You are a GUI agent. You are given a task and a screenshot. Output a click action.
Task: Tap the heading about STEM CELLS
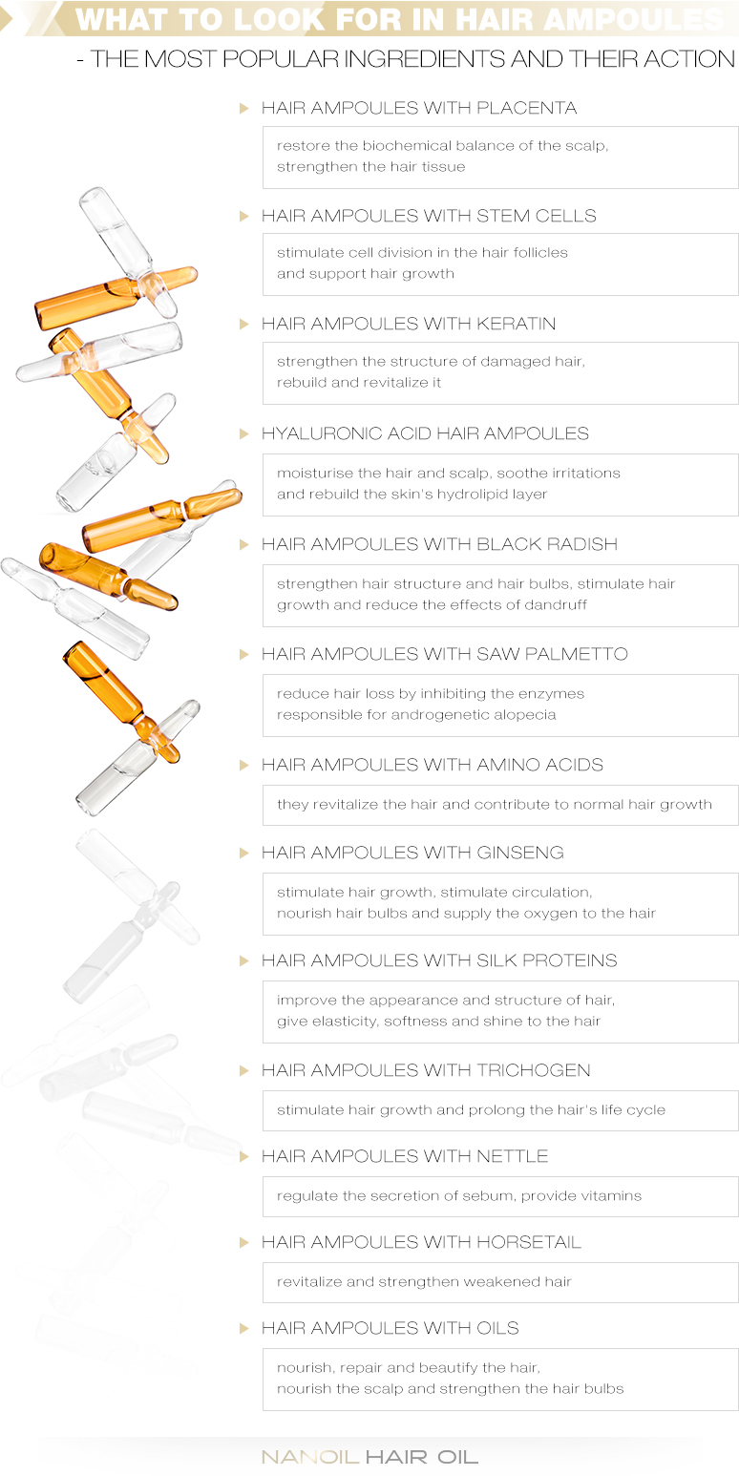click(x=429, y=216)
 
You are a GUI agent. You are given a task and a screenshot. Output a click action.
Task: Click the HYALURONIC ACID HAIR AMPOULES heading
click(x=425, y=433)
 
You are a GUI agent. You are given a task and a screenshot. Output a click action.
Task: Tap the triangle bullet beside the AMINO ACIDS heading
click(x=244, y=765)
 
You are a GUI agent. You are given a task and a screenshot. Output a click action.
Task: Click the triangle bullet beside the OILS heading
click(x=244, y=1328)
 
